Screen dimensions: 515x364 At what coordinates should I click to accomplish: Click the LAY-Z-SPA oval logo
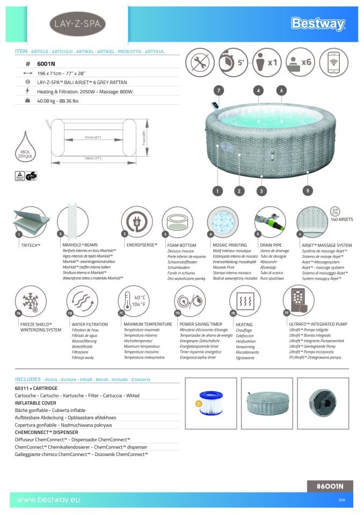tap(77, 24)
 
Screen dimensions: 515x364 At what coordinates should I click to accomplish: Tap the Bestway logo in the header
tap(318, 24)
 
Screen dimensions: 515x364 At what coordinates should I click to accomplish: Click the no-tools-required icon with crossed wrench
tap(200, 62)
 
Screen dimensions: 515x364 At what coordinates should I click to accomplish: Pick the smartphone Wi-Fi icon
tap(333, 62)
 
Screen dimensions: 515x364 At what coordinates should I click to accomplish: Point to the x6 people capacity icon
tap(300, 62)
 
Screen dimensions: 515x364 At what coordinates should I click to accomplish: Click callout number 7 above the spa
tap(219, 91)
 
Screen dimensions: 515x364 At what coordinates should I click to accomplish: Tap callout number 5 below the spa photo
tap(308, 190)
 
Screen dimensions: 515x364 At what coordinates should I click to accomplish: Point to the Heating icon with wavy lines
tap(245, 301)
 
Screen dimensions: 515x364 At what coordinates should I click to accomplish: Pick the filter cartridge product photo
tap(210, 404)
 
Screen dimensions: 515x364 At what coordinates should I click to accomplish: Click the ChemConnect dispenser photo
tap(323, 404)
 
